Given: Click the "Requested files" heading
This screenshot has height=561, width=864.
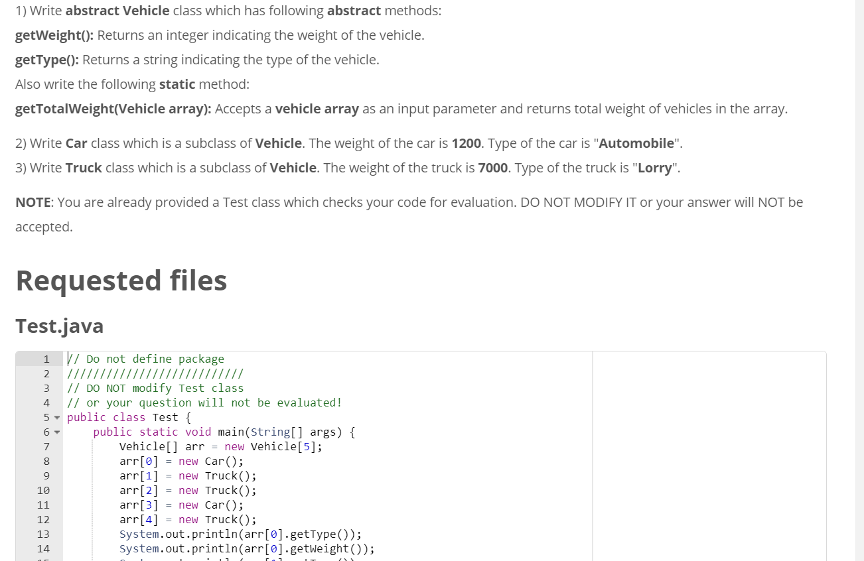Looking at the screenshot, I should coord(121,280).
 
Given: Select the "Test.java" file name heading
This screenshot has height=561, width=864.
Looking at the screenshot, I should coord(60,326).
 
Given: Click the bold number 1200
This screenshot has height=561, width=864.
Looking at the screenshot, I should coord(466,143).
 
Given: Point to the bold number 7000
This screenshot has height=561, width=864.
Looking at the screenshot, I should coord(493,168).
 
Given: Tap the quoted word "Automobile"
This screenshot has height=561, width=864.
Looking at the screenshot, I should coord(636,143).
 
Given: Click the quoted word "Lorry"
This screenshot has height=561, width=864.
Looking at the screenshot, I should coord(654,168).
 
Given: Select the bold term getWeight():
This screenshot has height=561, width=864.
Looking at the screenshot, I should coord(56,35).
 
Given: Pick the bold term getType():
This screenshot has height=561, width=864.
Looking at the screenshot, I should coord(47,60).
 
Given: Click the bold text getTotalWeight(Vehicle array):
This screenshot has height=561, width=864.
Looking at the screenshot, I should coord(113,109).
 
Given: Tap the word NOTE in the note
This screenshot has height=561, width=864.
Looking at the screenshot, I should coord(33,202).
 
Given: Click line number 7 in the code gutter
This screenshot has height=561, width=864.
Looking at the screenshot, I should coord(46,446).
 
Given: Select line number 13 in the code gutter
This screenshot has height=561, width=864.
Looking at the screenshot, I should coord(43,534).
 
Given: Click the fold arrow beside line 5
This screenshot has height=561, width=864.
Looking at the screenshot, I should coord(57,418).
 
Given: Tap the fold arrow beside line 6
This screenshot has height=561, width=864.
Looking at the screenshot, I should coord(57,432).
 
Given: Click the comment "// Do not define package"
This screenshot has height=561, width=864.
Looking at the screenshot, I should coord(145,359).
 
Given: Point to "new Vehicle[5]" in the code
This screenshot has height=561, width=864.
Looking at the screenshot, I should coord(273,446).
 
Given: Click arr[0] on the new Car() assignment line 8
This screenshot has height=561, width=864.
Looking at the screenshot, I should coord(139,461).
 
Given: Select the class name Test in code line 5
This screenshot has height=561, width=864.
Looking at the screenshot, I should coord(165,417).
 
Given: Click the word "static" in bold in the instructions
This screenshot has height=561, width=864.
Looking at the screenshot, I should coord(177,84).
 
